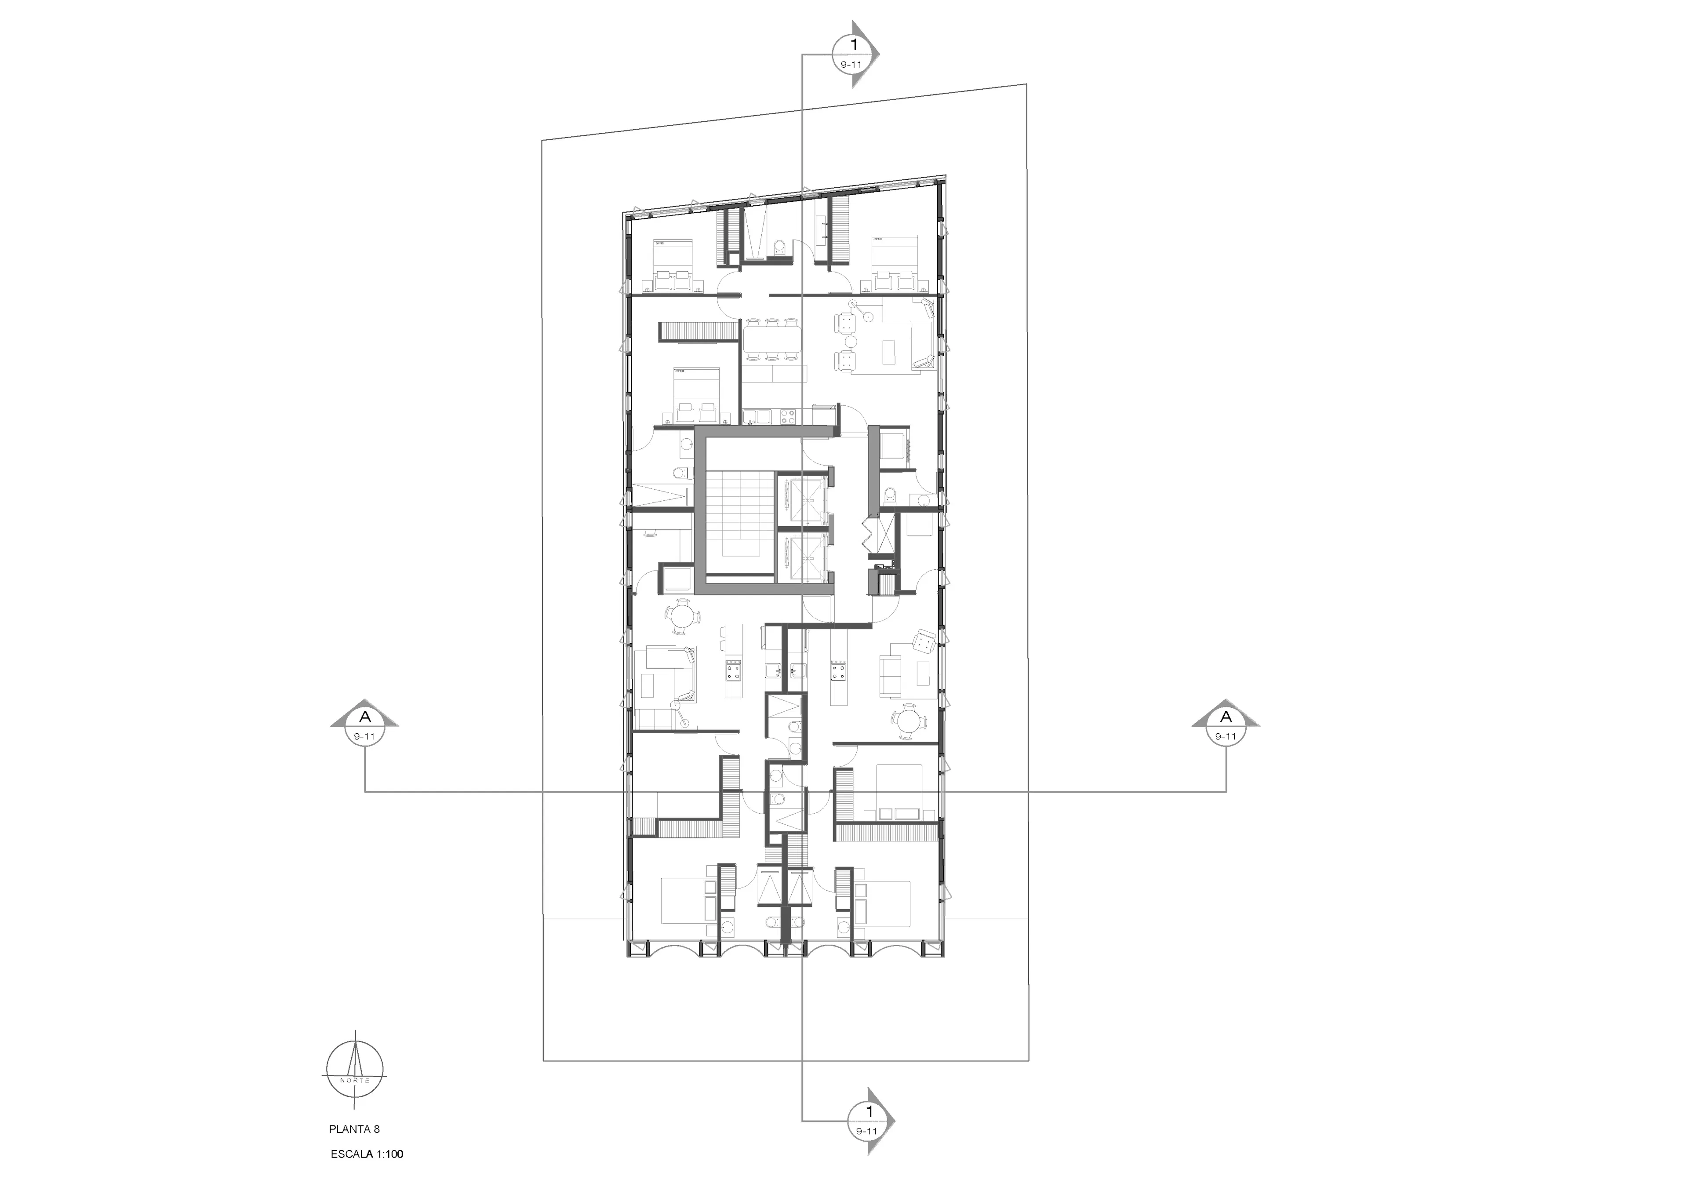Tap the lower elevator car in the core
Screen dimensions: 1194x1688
click(x=803, y=555)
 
